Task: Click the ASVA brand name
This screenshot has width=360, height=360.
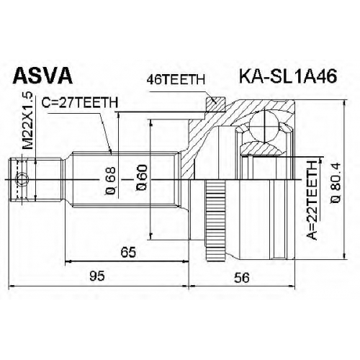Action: (x=42, y=76)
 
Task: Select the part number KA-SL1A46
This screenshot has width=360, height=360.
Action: (x=288, y=76)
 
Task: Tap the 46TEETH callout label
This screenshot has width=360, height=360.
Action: (x=176, y=80)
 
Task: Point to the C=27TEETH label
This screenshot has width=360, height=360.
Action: (x=80, y=102)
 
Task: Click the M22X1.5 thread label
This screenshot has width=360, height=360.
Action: (x=27, y=121)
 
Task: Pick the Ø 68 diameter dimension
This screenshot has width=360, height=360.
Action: (x=111, y=181)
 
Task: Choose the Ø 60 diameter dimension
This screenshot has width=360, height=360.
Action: (x=141, y=178)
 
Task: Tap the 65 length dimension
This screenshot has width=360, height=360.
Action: (x=128, y=252)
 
